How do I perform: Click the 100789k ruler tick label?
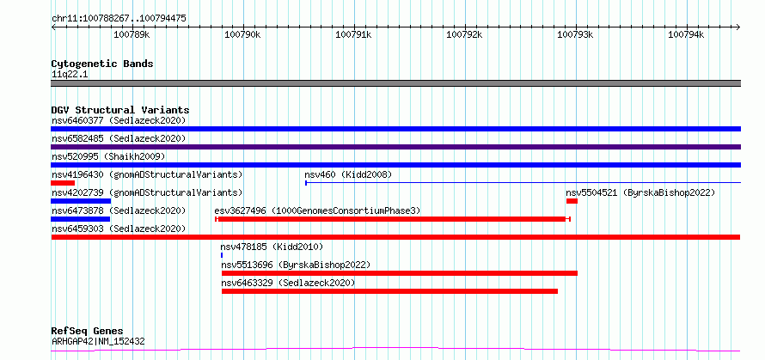tap(132, 34)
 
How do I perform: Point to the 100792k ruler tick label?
tap(464, 34)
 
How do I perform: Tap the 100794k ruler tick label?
tap(686, 34)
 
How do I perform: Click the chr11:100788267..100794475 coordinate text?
tap(119, 19)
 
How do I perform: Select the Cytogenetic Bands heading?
tap(102, 64)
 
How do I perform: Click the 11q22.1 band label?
tap(70, 75)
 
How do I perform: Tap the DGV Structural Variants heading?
tap(120, 110)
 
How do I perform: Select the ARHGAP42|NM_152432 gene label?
tap(98, 341)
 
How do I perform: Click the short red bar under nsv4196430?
tap(63, 183)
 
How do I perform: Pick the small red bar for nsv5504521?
tap(572, 201)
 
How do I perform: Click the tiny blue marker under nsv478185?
tap(222, 255)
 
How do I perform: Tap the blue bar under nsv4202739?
tap(81, 201)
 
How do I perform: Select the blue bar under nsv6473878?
tap(81, 219)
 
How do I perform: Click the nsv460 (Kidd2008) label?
tap(348, 174)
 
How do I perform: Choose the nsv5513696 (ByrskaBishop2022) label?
tap(297, 265)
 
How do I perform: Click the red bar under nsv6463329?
tap(390, 291)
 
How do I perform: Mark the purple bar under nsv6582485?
tap(396, 147)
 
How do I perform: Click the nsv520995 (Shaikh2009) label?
tap(109, 156)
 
